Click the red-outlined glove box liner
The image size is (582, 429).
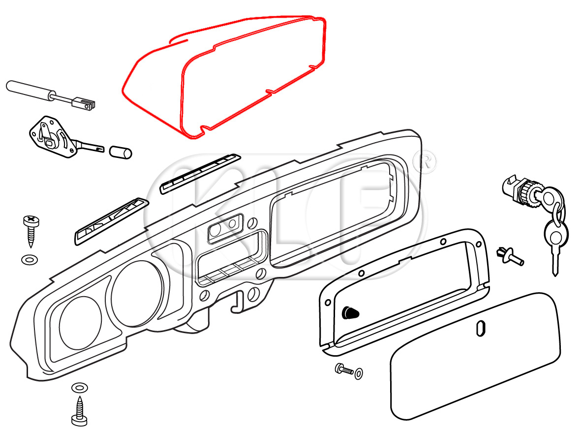tap(224, 76)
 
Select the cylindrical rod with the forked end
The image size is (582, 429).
tap(51, 95)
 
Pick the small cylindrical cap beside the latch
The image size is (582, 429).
tap(120, 152)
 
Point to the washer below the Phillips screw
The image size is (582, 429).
tap(30, 259)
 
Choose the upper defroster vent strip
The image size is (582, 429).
tap(200, 174)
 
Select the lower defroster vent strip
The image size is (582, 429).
tap(112, 221)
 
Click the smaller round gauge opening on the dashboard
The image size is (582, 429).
tap(80, 323)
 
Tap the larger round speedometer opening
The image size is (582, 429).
tap(137, 294)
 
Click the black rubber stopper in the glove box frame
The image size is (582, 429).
tap(350, 313)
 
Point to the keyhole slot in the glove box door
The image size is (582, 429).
tap(480, 329)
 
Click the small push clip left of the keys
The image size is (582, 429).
tap(510, 256)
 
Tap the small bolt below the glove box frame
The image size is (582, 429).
tap(344, 369)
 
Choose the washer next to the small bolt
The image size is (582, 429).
tap(359, 373)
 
